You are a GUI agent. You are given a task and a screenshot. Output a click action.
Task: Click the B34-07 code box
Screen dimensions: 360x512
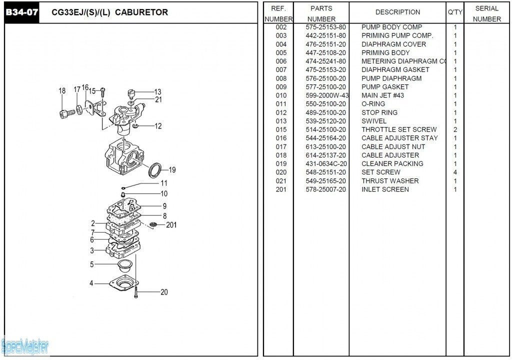21,12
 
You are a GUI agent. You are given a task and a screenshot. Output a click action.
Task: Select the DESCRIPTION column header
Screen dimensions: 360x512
397,12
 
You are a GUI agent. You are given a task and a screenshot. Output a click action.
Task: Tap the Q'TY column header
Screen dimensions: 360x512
455,12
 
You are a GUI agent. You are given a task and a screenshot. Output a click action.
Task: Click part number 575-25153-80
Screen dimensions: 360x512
325,27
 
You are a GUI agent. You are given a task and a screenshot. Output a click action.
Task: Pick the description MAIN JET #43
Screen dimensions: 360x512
382,95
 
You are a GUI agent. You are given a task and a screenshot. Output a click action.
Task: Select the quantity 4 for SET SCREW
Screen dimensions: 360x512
455,172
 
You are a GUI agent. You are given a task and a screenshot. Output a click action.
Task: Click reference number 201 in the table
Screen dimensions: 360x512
281,189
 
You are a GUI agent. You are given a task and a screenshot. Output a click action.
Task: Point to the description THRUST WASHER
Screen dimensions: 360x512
390,181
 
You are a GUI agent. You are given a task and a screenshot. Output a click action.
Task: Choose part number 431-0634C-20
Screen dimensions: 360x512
326,163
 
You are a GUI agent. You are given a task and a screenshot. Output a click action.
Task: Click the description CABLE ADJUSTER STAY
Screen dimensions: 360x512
399,138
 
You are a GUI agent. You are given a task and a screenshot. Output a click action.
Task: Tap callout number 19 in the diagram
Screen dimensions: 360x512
172,170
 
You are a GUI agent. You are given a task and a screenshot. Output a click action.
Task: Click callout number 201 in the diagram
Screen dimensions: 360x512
171,225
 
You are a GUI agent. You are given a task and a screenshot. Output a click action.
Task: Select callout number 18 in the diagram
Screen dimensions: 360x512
62,91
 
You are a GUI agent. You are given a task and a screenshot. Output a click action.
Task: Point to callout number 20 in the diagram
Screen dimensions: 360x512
164,292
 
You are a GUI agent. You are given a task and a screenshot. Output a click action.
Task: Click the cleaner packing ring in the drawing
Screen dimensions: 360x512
155,169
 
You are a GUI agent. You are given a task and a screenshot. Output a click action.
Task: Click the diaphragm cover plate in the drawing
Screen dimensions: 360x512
123,282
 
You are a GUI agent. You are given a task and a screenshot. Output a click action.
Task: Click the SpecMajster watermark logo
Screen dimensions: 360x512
25,345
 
